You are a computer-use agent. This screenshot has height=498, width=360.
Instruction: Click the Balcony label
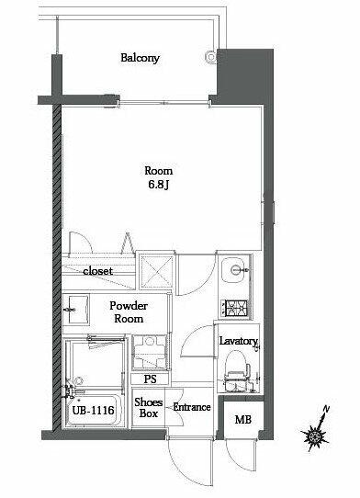click(140, 58)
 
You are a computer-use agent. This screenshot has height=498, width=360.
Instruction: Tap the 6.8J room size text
click(158, 185)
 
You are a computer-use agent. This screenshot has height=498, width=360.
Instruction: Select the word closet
click(97, 271)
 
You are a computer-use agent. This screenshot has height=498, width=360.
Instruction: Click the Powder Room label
click(129, 311)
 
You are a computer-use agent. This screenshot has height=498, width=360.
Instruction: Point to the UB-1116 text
click(93, 411)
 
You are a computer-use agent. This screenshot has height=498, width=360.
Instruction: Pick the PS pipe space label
click(151, 379)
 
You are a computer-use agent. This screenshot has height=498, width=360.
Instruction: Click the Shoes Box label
click(148, 407)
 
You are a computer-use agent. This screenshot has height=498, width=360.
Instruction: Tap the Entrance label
click(192, 407)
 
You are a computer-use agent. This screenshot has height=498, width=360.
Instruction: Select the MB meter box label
click(242, 420)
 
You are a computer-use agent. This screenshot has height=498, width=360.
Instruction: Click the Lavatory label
click(239, 341)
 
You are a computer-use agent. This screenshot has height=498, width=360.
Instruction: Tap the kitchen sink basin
click(235, 270)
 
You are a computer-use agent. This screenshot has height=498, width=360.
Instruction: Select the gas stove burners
click(235, 308)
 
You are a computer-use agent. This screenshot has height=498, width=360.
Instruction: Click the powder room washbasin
click(76, 309)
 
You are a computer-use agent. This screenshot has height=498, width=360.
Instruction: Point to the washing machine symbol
click(150, 352)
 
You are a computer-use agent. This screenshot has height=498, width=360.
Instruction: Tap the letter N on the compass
click(326, 410)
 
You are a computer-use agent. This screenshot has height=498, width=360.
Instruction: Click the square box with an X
click(157, 270)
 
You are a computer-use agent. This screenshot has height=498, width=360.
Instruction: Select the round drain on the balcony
click(211, 56)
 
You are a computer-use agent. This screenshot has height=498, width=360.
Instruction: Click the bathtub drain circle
click(78, 380)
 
